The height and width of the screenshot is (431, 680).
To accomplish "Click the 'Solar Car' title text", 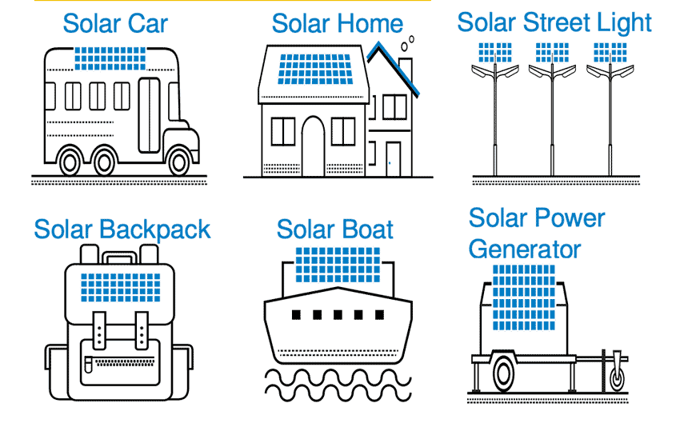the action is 115,24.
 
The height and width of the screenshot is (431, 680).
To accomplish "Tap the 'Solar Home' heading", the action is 338,24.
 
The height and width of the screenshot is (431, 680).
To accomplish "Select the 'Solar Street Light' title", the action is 554,23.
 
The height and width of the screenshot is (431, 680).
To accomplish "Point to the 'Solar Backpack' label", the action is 122,229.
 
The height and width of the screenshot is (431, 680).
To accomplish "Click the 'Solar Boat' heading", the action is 334,229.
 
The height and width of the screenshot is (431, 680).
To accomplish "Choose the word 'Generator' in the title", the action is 525,249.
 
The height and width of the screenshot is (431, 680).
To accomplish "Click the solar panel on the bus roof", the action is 110,58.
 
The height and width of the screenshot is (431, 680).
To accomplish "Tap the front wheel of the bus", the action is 178,162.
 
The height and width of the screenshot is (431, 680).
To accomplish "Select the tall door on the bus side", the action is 149,115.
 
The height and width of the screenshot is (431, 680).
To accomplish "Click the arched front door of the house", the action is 313,146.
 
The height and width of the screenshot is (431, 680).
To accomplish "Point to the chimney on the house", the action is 406,70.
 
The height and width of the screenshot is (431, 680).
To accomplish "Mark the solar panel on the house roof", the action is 315,70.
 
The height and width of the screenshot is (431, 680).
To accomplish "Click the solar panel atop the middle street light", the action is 552,53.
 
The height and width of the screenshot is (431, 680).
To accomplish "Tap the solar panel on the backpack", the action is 121,288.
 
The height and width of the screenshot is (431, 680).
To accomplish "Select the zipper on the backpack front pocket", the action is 121,361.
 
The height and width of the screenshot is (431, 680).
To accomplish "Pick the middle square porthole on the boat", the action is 338,314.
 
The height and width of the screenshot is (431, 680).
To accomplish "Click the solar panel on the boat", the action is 338,265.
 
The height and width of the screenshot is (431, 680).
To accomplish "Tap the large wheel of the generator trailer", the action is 503,373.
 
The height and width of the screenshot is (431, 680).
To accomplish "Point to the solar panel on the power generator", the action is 524,298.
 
